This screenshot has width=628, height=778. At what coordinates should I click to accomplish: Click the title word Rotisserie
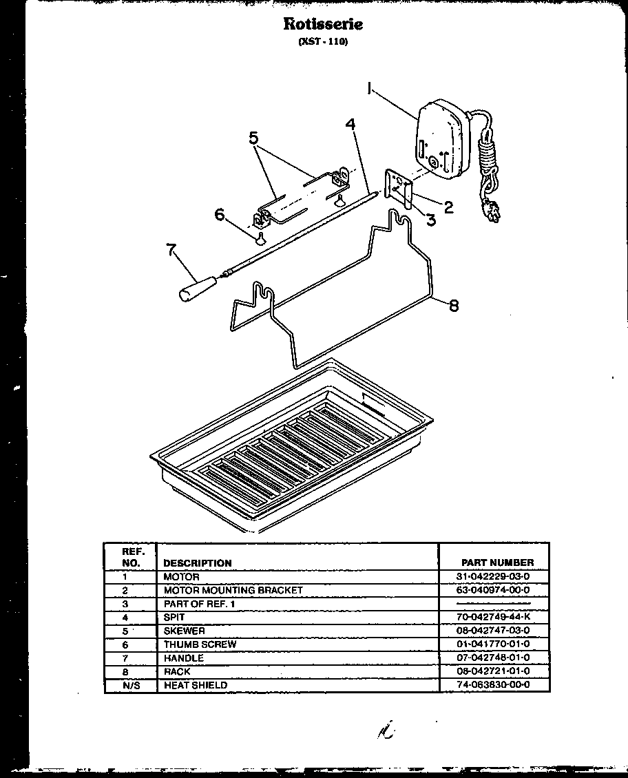coord(323,24)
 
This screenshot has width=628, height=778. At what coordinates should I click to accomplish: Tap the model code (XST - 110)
coord(323,41)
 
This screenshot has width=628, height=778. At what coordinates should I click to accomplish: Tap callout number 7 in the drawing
coord(171,249)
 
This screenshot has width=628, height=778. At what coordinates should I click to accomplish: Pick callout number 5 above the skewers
coord(254,138)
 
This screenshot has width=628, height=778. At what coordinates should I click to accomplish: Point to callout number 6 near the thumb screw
coord(220,215)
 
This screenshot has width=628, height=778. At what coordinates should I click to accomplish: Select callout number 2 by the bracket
coord(448,205)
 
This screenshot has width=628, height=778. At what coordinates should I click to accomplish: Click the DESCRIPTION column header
coord(198,563)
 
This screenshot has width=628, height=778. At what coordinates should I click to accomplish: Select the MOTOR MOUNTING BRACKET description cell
coord(233,590)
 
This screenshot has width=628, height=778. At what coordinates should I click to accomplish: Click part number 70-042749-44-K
coord(492,618)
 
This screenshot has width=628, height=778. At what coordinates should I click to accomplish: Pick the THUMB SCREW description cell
coord(200,644)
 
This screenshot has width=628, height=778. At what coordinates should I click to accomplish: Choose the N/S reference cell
coord(125,685)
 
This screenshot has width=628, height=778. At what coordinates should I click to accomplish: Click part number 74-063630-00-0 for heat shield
coord(492,685)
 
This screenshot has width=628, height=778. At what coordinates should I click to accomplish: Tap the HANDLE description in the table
coord(183,658)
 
